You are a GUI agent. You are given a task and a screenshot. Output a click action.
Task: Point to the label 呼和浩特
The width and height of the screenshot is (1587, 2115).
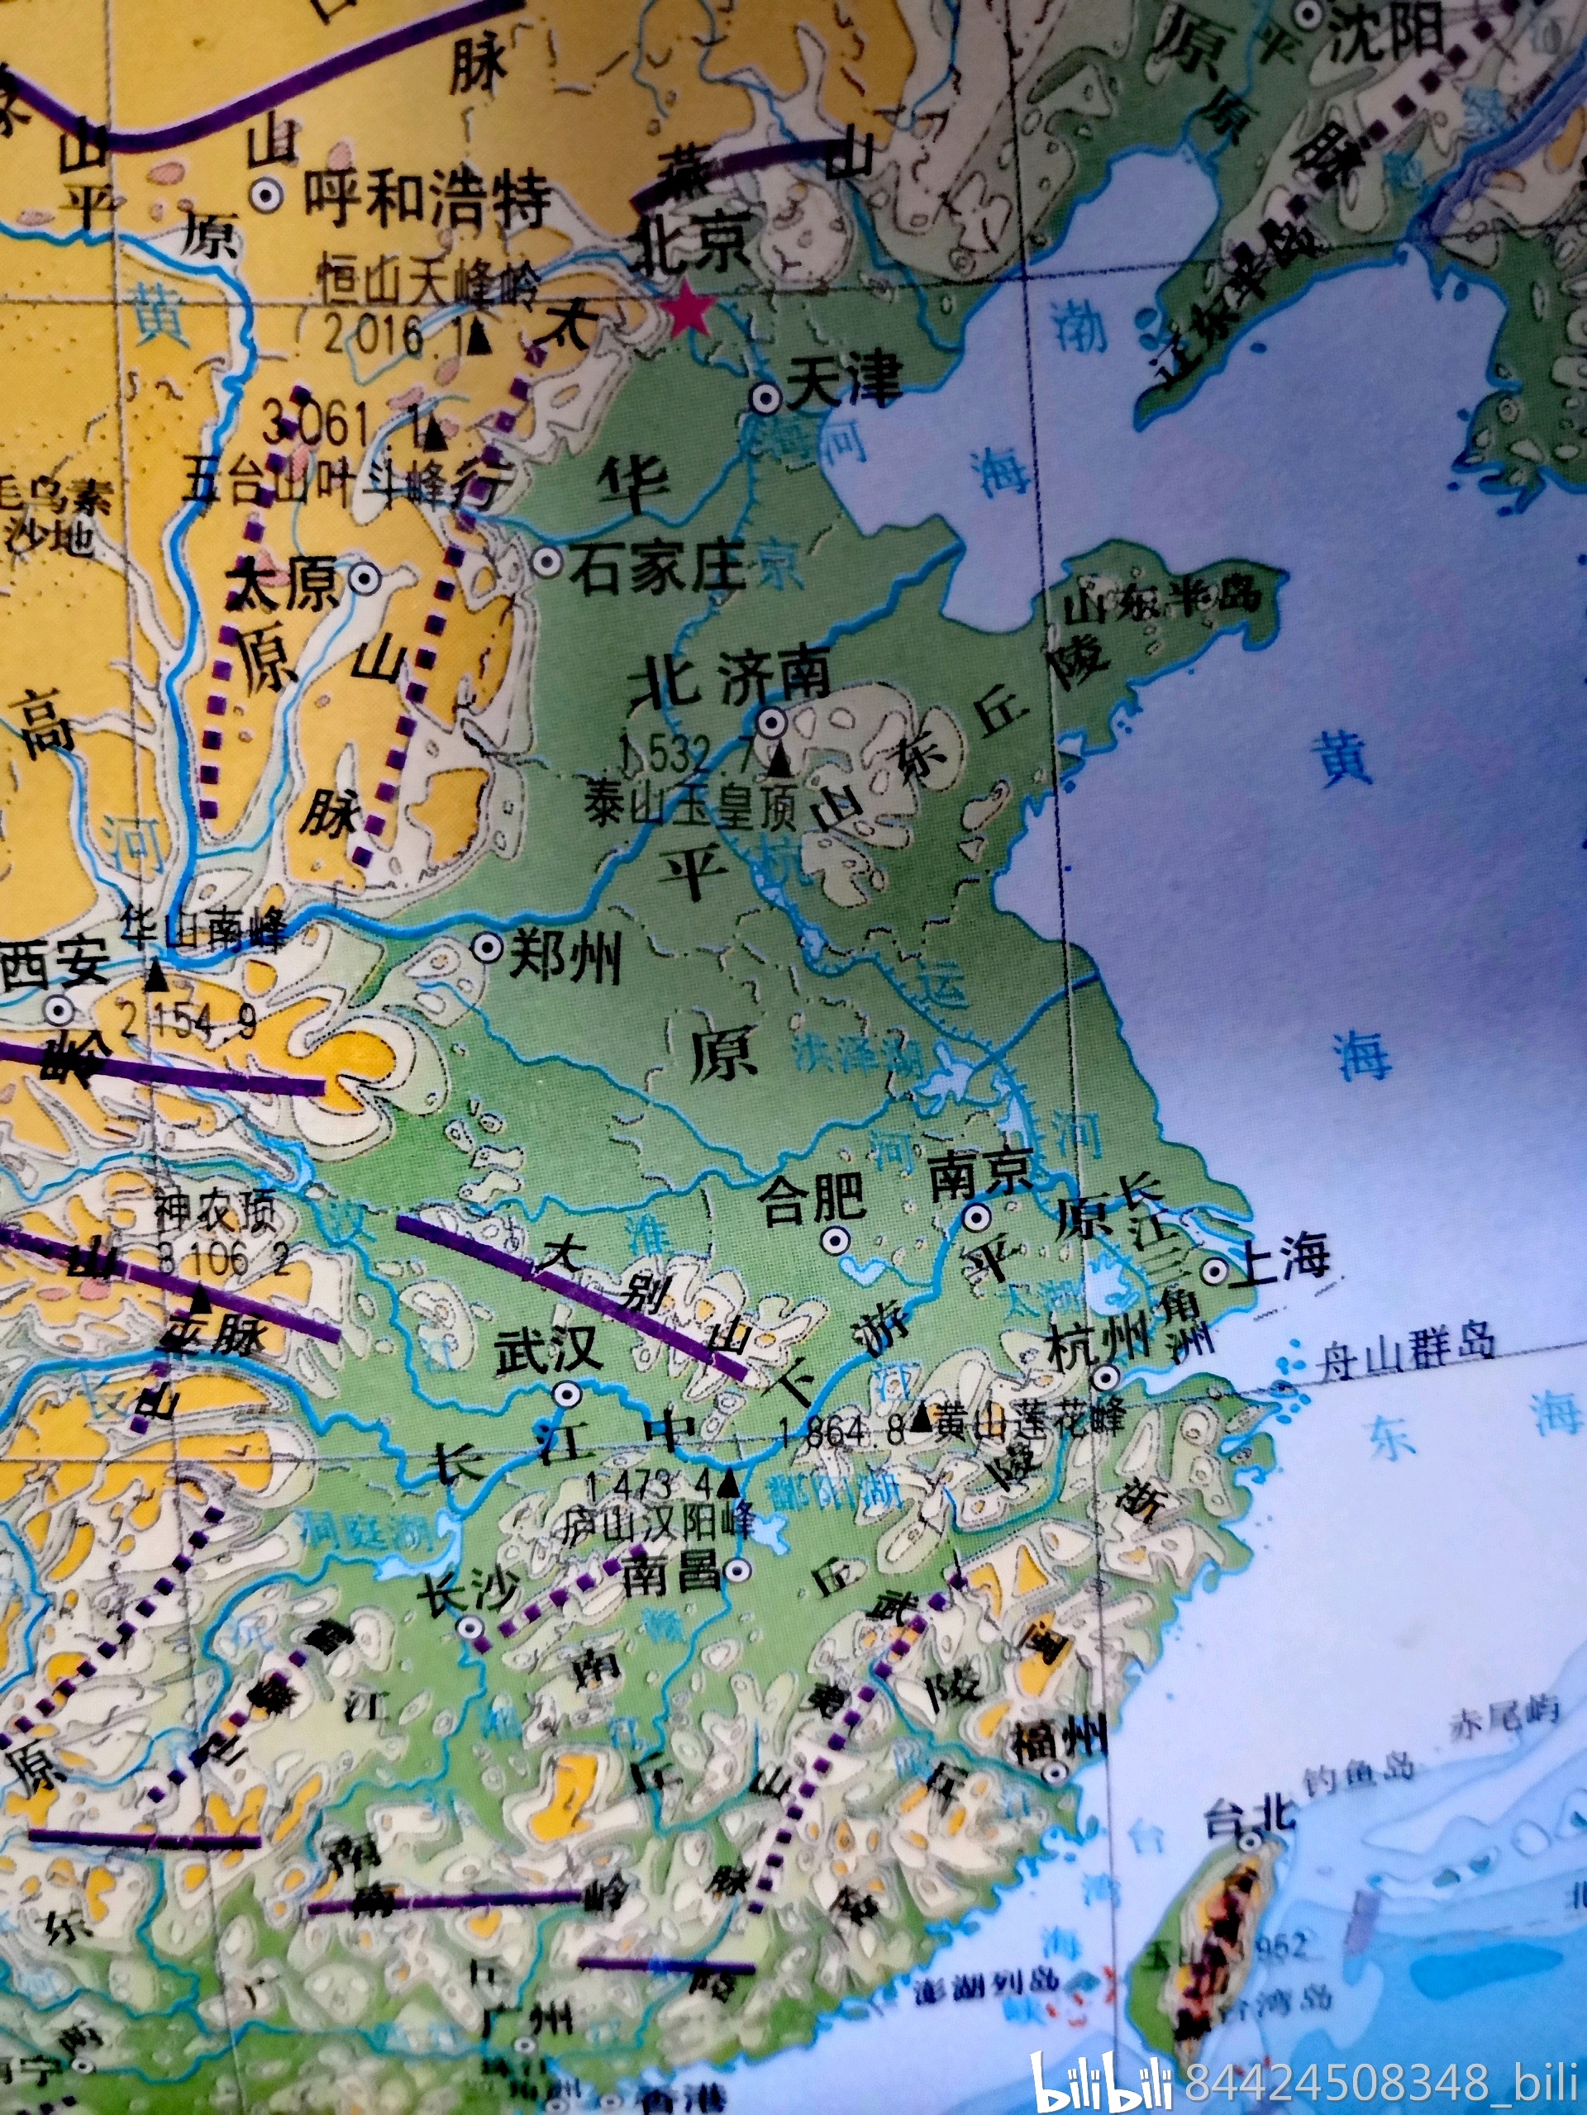[x=427, y=201]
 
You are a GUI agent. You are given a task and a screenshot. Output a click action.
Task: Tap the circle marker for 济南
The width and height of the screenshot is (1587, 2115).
[x=772, y=722]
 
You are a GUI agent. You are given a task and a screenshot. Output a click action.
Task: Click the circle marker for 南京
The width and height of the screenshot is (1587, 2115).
[x=975, y=1217]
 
